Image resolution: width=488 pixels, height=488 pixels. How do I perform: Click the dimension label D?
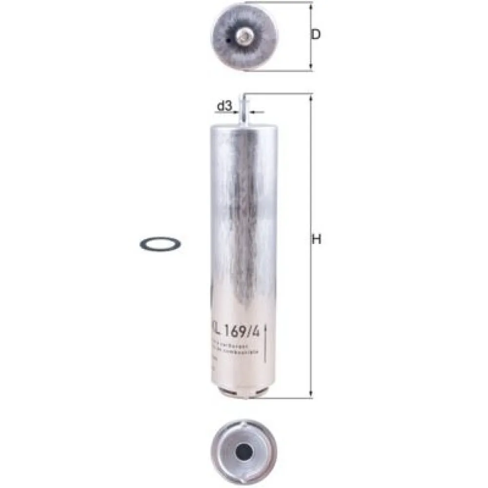click(316, 35)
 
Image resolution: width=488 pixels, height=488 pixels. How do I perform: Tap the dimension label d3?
click(224, 106)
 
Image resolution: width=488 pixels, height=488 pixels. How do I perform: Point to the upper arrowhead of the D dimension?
click(311, 5)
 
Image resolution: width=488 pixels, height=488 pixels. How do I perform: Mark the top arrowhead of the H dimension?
click(311, 97)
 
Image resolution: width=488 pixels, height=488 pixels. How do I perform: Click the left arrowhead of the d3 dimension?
click(237, 112)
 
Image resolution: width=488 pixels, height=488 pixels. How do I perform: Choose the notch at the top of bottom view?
click(243, 423)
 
